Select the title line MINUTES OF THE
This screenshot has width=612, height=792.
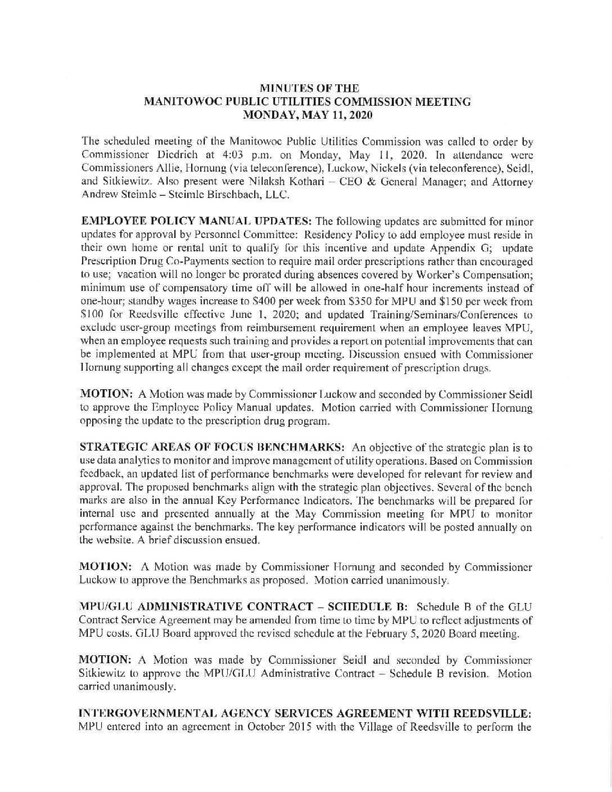[x=307, y=89]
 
